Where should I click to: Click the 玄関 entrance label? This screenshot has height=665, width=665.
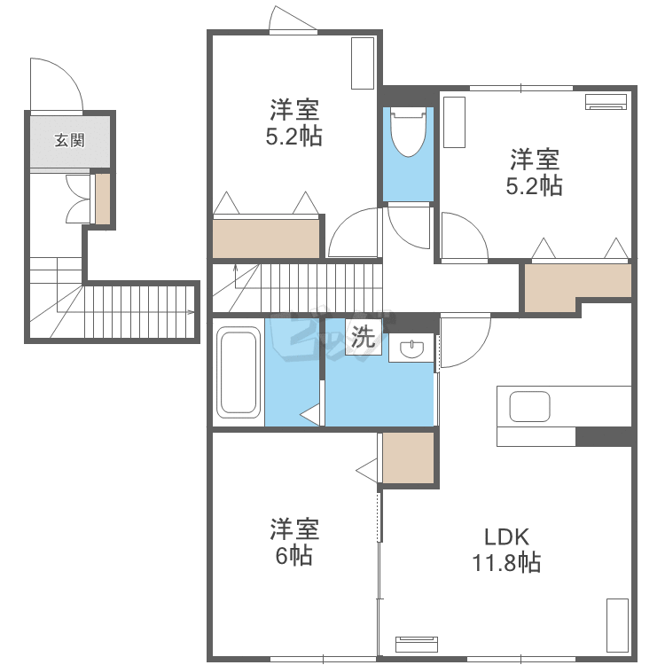[69, 140]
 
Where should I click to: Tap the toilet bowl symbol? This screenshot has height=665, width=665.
[408, 132]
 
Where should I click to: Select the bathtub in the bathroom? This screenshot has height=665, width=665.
[239, 372]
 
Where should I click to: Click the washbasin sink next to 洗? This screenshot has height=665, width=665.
[411, 348]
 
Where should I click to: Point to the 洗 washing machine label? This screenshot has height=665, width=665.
[363, 337]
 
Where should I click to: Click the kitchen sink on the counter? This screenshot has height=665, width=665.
[529, 407]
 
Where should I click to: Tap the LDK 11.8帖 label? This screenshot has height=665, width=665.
[507, 550]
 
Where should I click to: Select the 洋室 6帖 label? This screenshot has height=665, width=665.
[294, 542]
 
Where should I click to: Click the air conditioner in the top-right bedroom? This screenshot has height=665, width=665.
[606, 102]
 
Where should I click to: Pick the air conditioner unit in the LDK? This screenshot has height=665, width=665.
[417, 645]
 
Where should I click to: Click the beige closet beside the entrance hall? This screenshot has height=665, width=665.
[103, 199]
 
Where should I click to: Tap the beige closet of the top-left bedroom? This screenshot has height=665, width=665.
[266, 239]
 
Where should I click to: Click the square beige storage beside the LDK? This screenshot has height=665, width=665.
[409, 458]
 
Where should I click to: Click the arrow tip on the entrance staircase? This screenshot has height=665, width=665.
[194, 313]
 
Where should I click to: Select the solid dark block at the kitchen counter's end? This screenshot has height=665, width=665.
[605, 437]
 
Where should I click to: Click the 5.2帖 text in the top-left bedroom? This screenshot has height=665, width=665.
[293, 137]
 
